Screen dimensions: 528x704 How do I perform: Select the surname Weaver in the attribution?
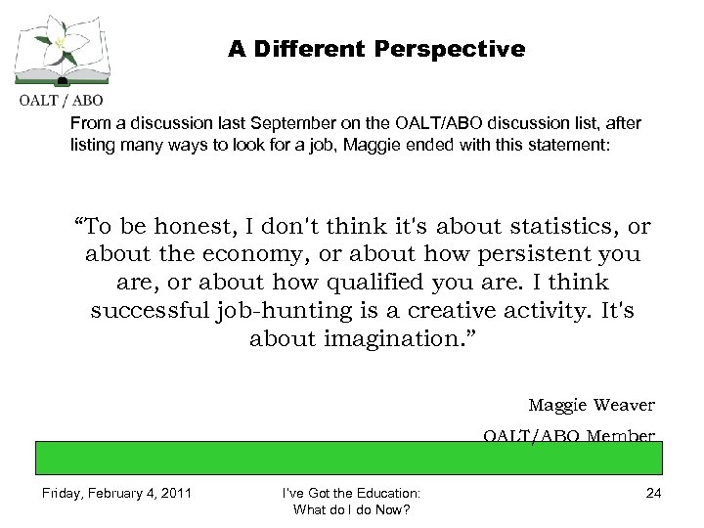[x=622, y=404]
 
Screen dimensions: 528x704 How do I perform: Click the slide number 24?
[x=653, y=494]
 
